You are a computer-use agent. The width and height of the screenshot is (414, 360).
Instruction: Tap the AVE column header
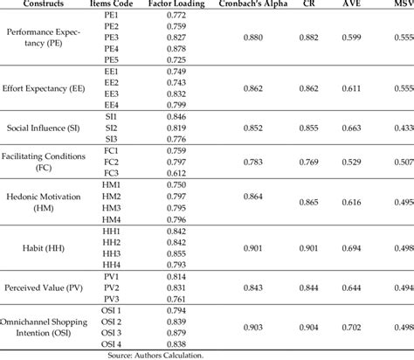tap(355, 5)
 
